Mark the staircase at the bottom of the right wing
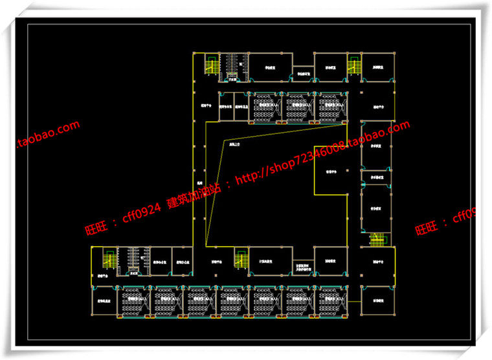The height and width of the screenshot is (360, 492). [377, 240]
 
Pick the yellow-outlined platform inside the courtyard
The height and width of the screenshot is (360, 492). [331, 171]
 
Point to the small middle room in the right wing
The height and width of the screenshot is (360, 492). [376, 176]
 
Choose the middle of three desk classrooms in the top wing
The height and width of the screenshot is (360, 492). [298, 107]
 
